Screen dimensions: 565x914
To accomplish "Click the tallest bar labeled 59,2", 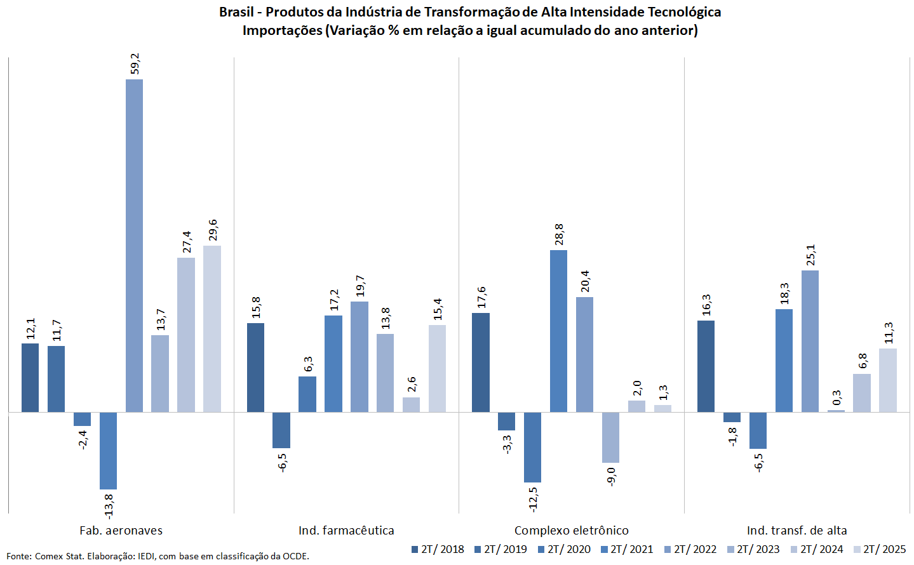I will (134, 246).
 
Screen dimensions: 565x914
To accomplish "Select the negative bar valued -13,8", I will (109, 451).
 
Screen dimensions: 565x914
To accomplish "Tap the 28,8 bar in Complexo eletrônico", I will (558, 331).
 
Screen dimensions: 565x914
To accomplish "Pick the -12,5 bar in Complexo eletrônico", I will (532, 447).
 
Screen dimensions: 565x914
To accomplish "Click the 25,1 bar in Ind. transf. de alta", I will (810, 341).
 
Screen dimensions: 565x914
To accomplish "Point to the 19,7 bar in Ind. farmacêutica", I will (360, 357).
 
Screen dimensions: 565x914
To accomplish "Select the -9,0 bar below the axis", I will (610, 437).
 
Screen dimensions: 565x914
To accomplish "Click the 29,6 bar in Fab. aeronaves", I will (212, 329).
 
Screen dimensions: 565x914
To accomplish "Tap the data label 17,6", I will (481, 297).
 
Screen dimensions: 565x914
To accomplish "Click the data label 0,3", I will (837, 398).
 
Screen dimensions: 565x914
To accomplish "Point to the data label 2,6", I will (412, 385).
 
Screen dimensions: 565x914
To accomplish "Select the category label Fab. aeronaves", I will (121, 531).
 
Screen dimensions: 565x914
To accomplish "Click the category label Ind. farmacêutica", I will (346, 531).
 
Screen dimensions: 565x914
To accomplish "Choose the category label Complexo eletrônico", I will (571, 531).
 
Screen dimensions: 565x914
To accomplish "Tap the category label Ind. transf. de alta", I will (796, 531).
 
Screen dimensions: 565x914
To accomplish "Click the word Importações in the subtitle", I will (282, 30).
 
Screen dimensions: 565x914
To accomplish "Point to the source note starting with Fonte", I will (158, 556).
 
